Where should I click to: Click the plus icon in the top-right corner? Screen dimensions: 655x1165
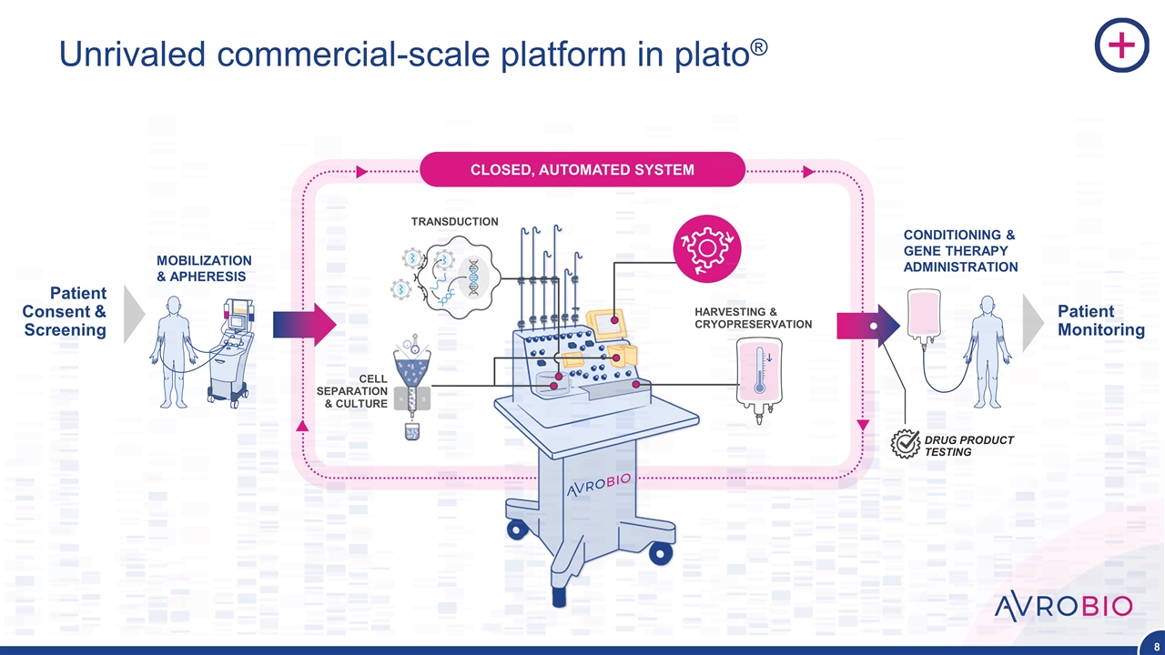[x=1121, y=46]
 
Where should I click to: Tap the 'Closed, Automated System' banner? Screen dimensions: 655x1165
[x=582, y=169]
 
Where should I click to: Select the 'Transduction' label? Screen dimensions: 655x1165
[x=454, y=221]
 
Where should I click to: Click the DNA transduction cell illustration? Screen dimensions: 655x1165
[x=449, y=274]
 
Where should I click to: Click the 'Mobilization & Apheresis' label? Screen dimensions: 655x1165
[x=204, y=268]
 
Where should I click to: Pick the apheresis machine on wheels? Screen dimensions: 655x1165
[x=231, y=350]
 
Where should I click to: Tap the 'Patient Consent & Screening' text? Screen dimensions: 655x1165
[x=66, y=311]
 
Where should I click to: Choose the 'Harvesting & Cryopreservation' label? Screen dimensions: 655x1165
[x=753, y=318]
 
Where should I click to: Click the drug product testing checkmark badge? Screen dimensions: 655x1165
[x=906, y=443]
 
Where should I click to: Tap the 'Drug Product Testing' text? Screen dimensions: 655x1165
[x=968, y=446]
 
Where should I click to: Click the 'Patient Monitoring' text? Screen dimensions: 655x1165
[x=1100, y=320]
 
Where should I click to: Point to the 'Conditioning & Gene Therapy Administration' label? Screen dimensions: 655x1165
[x=960, y=251]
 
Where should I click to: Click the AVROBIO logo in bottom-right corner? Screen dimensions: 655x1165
[x=1063, y=606]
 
